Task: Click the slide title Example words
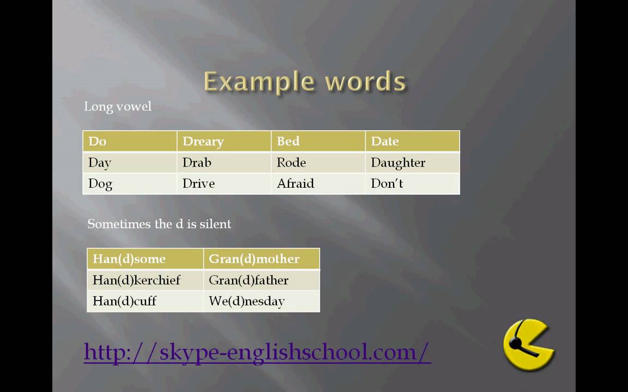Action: tap(305, 82)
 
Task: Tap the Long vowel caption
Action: tap(118, 106)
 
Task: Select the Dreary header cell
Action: tap(224, 141)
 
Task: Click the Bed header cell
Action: tap(318, 141)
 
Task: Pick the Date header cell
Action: tap(413, 141)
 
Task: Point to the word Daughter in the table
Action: tap(398, 162)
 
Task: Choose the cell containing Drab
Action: tap(224, 162)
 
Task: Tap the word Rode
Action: tap(291, 162)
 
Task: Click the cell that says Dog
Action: tap(130, 183)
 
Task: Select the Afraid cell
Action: tap(318, 183)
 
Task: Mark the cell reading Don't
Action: tap(413, 183)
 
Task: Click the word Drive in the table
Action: tap(198, 183)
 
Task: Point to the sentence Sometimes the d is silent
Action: tap(159, 224)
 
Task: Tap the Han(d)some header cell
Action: tap(146, 259)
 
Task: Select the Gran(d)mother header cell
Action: tap(262, 259)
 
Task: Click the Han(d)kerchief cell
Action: tap(146, 280)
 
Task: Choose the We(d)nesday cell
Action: tap(262, 301)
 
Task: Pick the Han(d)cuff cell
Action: tap(146, 301)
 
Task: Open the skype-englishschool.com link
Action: tap(257, 352)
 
